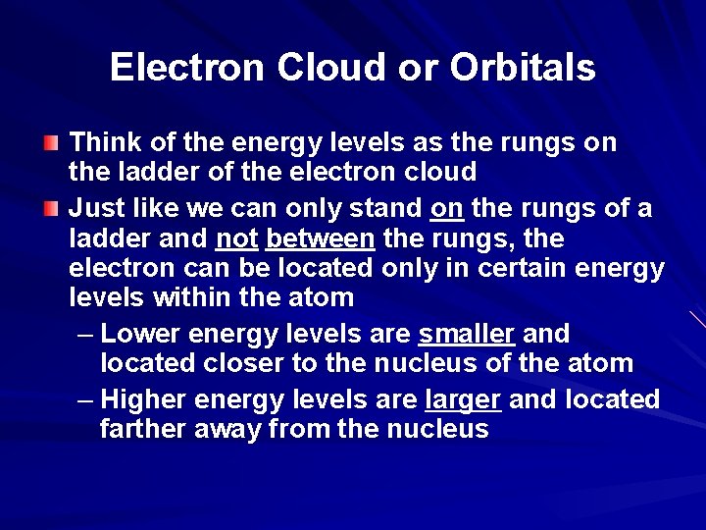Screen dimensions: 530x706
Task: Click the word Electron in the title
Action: tap(186, 68)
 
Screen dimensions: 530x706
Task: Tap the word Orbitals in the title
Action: tap(522, 68)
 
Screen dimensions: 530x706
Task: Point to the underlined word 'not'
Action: tap(236, 238)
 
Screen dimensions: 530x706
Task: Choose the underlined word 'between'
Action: tap(320, 238)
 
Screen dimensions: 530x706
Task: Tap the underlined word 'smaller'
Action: tap(466, 335)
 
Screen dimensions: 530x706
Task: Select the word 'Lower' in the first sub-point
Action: tap(141, 335)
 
